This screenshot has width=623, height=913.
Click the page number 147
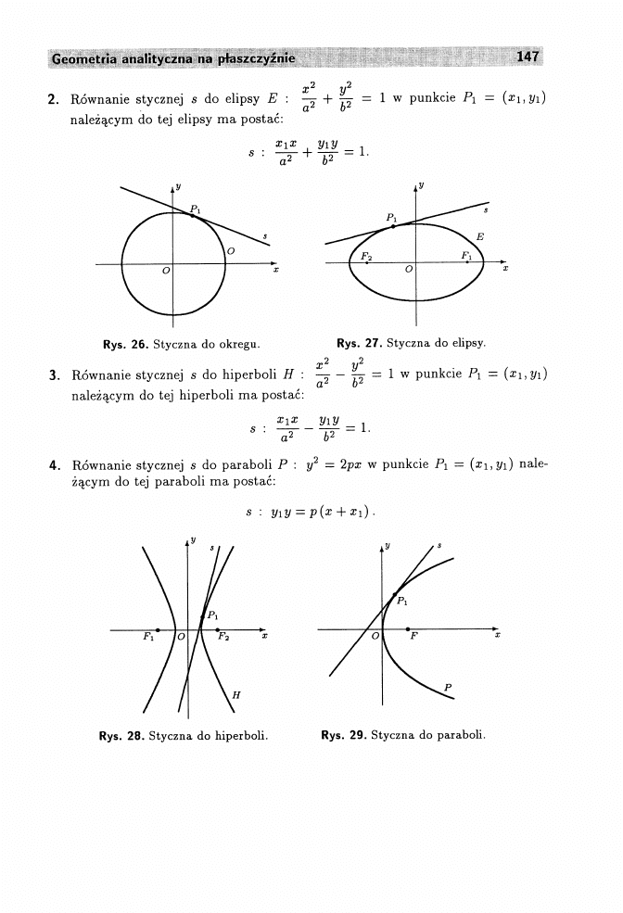coord(528,57)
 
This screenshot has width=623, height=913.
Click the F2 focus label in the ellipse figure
coord(367,255)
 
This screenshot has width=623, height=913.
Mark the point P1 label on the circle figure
coord(195,209)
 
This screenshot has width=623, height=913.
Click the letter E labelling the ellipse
coord(479,237)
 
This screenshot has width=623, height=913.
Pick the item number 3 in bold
coord(53,375)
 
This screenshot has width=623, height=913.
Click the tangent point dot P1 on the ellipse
coord(393,227)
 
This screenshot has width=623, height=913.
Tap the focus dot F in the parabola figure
coord(408,630)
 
